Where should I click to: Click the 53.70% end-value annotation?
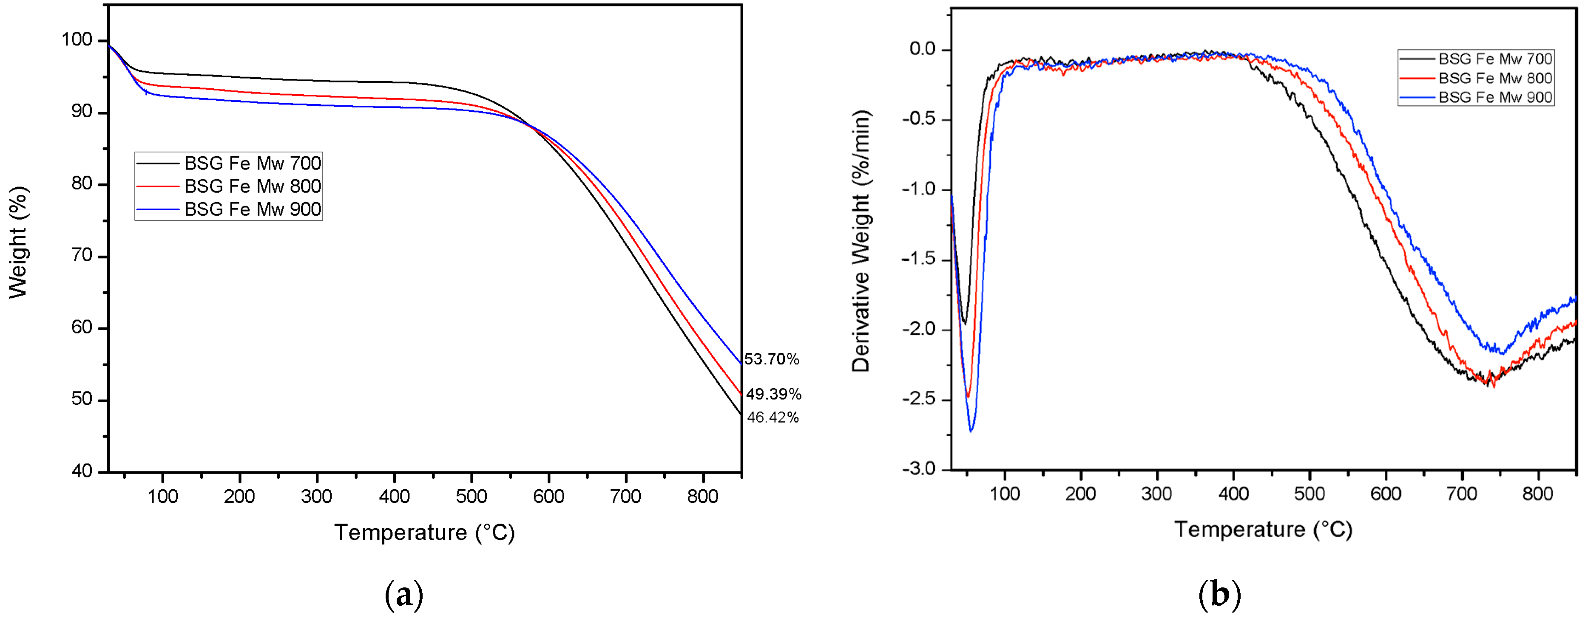(x=772, y=359)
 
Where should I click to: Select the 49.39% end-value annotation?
(x=773, y=394)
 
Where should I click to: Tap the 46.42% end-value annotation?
(x=773, y=418)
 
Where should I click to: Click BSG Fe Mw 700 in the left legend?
(x=252, y=164)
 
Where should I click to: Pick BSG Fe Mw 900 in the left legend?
(x=252, y=210)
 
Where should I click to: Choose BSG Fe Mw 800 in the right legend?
(x=1494, y=79)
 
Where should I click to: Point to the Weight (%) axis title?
(x=18, y=243)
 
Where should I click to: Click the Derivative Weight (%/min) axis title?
(x=861, y=241)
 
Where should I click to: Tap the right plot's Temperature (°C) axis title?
(x=1263, y=530)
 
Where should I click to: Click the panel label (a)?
(x=404, y=595)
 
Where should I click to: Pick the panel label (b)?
(x=1219, y=595)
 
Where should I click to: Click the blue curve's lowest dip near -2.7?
(x=971, y=430)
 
